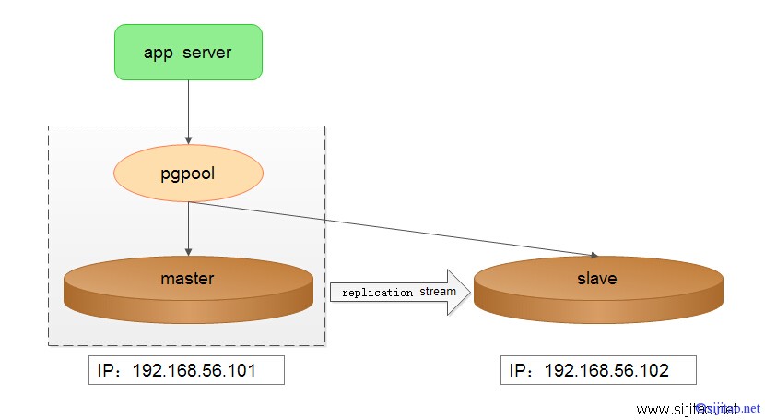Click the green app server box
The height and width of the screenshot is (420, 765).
tap(188, 52)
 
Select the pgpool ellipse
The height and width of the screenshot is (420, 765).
tap(188, 173)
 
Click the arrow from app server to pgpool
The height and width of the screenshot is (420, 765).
tap(188, 111)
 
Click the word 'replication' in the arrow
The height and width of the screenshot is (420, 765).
tap(377, 293)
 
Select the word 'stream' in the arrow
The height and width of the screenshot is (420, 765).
tap(438, 293)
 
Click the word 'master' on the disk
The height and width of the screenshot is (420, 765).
tap(187, 278)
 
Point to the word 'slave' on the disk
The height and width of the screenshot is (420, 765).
tap(597, 278)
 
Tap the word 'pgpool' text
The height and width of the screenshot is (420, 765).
tap(188, 173)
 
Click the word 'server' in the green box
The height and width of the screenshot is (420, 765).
tap(207, 53)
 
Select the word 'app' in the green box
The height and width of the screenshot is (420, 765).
tap(159, 53)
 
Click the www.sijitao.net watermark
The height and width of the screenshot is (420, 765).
tap(698, 409)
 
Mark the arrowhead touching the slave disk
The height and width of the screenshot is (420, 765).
tap(595, 254)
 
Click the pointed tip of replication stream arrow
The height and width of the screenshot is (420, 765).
tap(469, 293)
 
